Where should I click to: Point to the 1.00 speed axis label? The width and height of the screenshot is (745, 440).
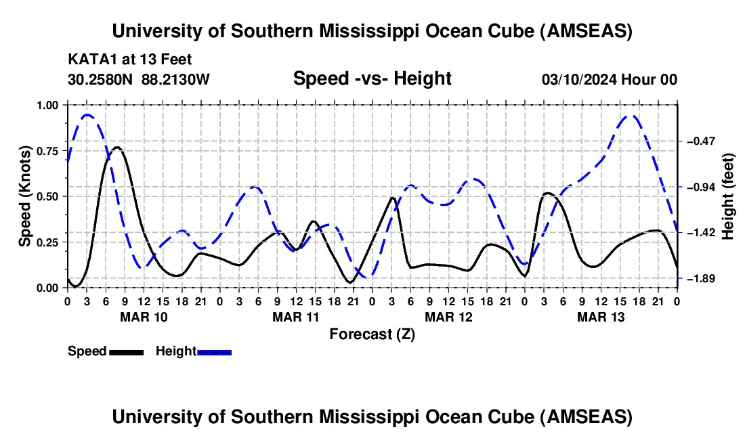(48, 105)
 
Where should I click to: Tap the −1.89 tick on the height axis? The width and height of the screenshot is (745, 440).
(679, 278)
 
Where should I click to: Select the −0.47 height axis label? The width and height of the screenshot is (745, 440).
(700, 141)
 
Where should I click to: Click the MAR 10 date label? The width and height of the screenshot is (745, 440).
(144, 317)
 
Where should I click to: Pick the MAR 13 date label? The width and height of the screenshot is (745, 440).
(601, 317)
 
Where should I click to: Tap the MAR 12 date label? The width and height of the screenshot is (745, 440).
(448, 317)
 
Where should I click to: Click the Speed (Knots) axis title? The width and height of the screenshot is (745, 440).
(25, 196)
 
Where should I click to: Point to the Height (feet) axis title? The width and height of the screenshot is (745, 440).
(729, 196)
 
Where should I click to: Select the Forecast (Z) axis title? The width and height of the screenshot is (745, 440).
(372, 334)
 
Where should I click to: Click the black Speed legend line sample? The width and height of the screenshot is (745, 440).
(126, 352)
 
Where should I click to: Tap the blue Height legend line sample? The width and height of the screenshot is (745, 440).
(215, 352)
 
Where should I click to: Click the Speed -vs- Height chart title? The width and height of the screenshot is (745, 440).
(372, 79)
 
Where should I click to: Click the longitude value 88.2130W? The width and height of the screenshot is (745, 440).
(176, 80)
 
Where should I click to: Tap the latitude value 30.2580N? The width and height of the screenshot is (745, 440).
(102, 80)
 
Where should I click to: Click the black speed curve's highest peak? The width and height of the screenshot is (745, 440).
(117, 147)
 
